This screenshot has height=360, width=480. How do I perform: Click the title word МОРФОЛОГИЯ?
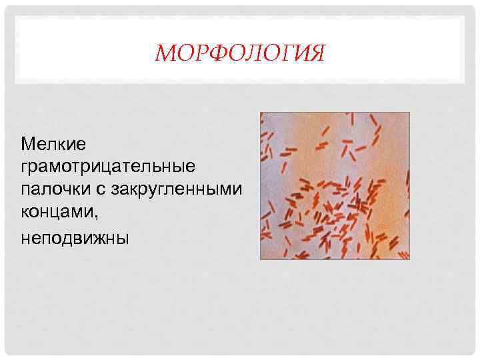pos(239,53)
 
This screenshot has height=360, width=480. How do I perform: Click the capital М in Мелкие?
pos(27,143)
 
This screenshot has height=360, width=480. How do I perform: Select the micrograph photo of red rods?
pos(334,185)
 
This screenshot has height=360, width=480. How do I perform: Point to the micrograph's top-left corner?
pos(261,113)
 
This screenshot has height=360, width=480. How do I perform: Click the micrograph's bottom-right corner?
pos(409,259)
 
